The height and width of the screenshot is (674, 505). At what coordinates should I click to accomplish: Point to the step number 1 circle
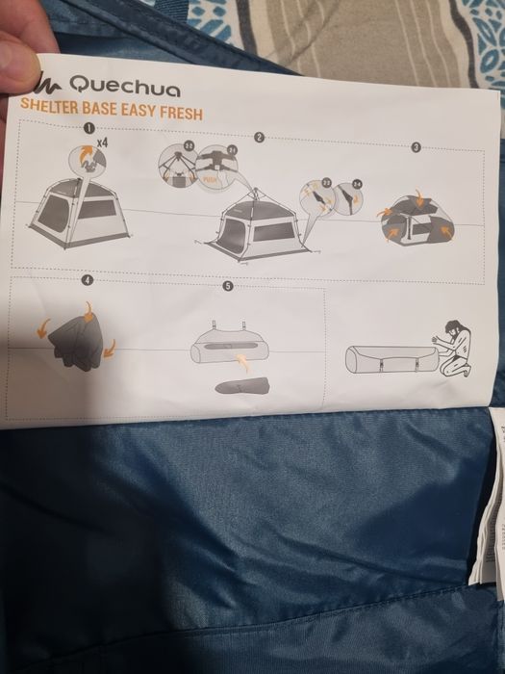click(x=88, y=127)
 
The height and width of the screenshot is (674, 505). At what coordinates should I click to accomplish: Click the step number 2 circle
click(x=259, y=138)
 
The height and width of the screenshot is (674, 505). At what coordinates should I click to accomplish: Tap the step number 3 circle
click(x=416, y=147)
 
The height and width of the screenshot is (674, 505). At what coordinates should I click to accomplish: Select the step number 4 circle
click(x=88, y=280)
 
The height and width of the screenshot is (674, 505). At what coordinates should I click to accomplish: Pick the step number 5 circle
click(x=228, y=286)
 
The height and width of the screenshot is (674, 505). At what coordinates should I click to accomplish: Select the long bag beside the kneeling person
click(x=387, y=362)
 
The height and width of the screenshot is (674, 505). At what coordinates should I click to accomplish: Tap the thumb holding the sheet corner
click(x=19, y=58)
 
